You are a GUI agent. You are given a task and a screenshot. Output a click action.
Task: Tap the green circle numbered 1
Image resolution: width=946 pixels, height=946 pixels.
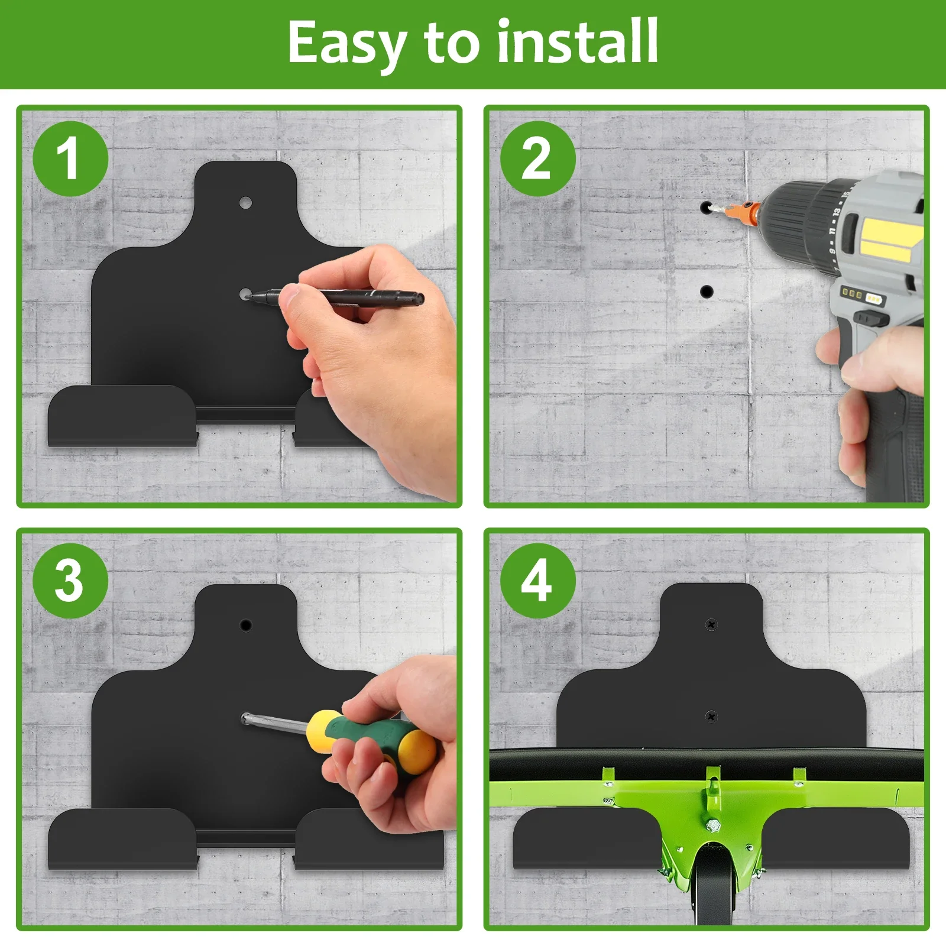click(x=70, y=158)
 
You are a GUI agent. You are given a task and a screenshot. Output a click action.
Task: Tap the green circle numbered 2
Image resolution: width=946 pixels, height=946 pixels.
click(x=537, y=158)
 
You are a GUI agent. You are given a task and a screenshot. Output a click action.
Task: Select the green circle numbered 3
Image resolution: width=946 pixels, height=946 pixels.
click(x=70, y=581)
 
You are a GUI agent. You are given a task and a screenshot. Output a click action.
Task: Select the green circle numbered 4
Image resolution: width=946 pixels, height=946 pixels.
click(x=537, y=581)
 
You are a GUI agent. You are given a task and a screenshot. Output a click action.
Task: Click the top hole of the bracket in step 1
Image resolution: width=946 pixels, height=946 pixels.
click(x=245, y=203)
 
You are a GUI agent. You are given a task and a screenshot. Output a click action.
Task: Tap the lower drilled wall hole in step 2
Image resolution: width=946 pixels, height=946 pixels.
click(x=706, y=291)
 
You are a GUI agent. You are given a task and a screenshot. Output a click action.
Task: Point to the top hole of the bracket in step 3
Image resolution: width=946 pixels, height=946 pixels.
click(x=246, y=625)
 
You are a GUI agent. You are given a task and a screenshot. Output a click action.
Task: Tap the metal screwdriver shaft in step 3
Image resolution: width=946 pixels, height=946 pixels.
click(x=275, y=724)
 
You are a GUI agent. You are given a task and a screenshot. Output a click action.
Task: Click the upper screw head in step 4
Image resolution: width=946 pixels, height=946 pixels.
click(x=711, y=624)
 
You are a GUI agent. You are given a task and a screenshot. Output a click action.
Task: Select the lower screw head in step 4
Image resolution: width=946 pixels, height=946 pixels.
click(x=712, y=716)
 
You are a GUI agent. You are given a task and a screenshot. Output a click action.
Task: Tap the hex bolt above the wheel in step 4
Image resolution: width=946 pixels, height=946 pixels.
click(x=713, y=825)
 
